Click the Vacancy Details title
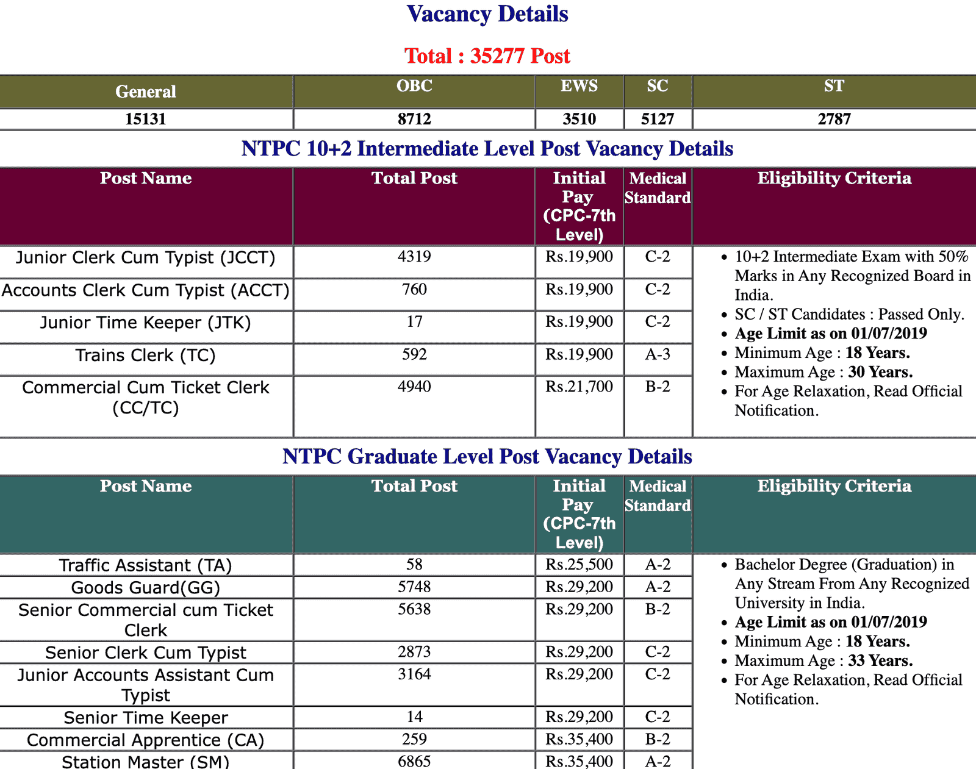[487, 15]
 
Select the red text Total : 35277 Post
[487, 56]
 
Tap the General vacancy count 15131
[146, 119]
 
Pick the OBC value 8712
[414, 119]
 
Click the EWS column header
[579, 86]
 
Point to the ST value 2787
[834, 119]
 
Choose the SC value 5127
[658, 119]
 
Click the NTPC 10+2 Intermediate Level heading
[487, 149]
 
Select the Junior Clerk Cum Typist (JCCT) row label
[146, 257]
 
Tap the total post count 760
[414, 289]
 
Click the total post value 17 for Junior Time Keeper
[414, 321]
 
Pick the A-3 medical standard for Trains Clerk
[658, 354]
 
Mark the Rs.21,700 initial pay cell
[579, 387]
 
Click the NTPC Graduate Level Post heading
[487, 457]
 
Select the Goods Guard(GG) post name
[146, 588]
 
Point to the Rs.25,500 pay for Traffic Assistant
[579, 565]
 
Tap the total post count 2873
[414, 652]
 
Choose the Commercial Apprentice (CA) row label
[146, 740]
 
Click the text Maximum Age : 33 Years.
[823, 661]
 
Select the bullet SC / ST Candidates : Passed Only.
[849, 315]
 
